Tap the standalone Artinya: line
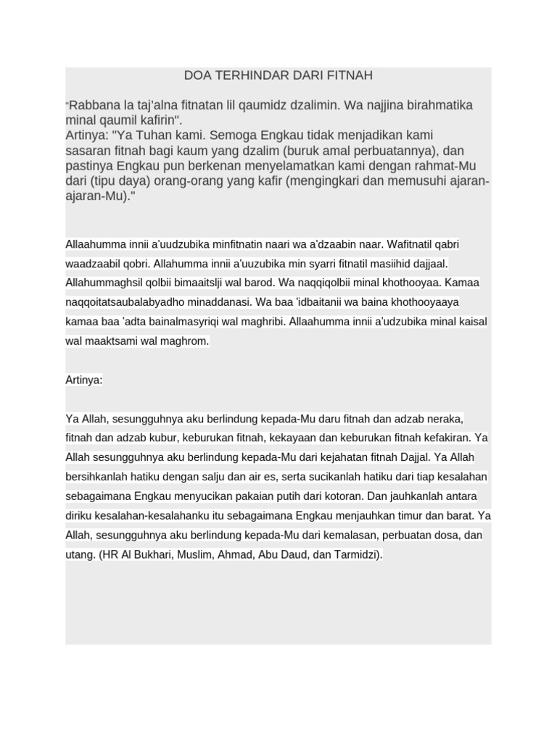pos(84,380)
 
